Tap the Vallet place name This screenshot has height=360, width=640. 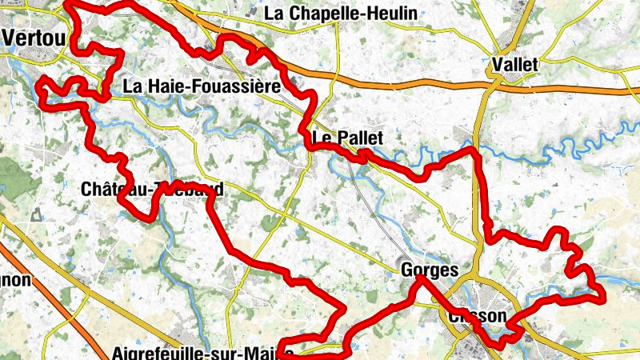coord(516,63)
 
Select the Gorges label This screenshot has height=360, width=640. coord(430,270)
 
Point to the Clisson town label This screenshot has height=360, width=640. coord(478,316)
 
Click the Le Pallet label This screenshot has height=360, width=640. coord(348,138)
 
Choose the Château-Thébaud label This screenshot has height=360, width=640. coord(152,190)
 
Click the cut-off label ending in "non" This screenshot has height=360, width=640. coord(15,280)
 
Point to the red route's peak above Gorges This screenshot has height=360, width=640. coord(422,279)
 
